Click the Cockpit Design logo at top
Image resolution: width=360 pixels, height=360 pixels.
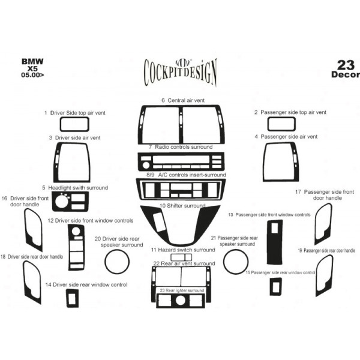click(x=180, y=73)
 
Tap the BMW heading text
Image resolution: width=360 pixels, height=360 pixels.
click(x=32, y=62)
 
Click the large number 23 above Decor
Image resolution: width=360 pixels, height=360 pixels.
click(x=346, y=65)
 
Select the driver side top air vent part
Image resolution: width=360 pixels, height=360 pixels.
click(x=74, y=118)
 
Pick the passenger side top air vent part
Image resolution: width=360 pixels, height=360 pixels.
click(x=281, y=118)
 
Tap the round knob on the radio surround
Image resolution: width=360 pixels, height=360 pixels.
click(x=146, y=165)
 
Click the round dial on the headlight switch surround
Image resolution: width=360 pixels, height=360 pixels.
click(x=62, y=202)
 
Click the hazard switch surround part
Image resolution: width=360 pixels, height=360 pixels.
click(x=181, y=254)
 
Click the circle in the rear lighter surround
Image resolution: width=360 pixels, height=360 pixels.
click(x=180, y=301)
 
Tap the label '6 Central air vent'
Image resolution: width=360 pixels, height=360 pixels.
click(x=183, y=100)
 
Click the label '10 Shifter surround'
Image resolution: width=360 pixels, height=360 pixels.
click(x=182, y=206)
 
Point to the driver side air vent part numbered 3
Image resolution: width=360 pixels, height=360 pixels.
click(x=56, y=162)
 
